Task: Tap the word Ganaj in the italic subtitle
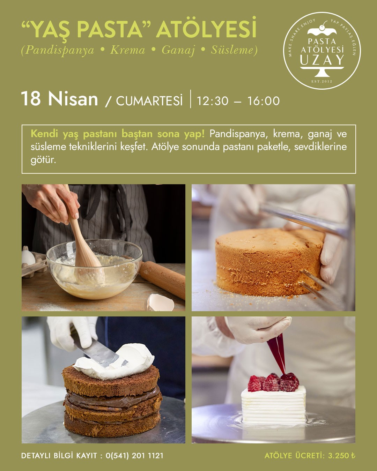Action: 178,50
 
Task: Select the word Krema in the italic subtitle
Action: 127,50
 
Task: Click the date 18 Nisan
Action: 59,99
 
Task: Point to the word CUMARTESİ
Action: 149,101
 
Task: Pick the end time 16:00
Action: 264,101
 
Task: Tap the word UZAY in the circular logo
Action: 322,60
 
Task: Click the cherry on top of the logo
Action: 322,28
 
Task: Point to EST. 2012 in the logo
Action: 322,82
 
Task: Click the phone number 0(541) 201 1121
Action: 134,456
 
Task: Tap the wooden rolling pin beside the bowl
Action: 162,279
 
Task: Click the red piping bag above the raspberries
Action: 277,353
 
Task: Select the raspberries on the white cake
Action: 273,382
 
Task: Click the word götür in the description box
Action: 43,160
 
